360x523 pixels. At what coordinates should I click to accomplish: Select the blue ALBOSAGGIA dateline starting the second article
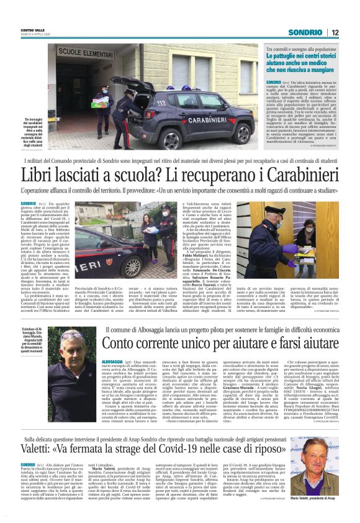(112, 360)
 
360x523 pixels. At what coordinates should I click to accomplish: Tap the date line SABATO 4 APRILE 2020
(34, 35)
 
